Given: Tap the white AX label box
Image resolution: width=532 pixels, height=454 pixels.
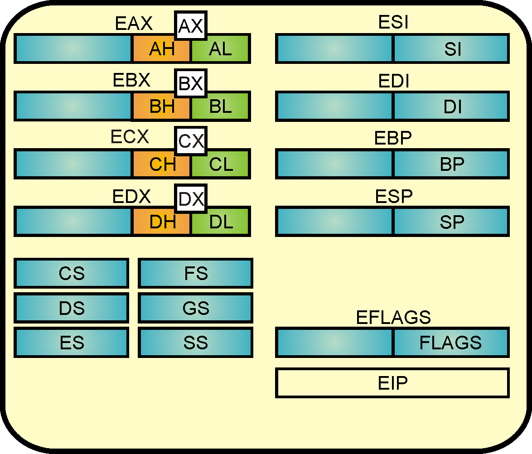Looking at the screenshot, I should click(x=191, y=26).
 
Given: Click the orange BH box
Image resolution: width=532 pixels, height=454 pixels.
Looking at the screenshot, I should click(x=161, y=107).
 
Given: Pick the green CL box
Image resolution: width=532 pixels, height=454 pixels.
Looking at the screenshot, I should click(x=220, y=164).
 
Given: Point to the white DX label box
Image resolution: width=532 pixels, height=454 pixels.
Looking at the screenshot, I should click(x=191, y=198).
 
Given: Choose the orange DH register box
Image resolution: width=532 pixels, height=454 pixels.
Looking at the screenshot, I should click(x=161, y=222).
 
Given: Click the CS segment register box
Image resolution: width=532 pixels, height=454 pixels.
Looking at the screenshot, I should click(x=72, y=273).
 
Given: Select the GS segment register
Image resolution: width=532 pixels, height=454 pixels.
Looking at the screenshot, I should click(x=195, y=308).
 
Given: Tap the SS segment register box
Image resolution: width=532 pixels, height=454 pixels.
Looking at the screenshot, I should click(x=195, y=343).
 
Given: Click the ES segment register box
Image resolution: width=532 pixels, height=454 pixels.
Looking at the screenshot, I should click(x=72, y=343).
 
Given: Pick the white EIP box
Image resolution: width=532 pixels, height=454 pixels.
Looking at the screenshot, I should click(x=392, y=383).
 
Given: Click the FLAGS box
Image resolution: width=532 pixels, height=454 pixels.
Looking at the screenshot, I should click(x=451, y=343).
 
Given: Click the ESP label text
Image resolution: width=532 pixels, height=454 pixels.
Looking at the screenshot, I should click(x=393, y=197).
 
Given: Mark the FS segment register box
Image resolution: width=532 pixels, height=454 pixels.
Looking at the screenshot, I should click(x=195, y=273).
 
